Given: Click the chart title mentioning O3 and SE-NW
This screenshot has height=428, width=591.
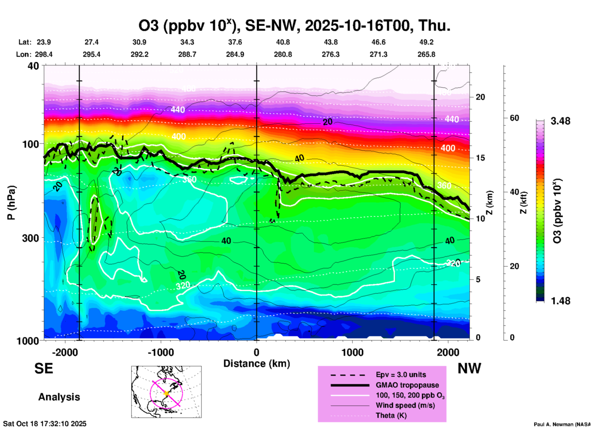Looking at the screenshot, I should (x=294, y=26).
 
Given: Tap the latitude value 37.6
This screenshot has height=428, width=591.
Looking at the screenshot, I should (x=235, y=42).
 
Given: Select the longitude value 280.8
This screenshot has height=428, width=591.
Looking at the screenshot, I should (x=283, y=54).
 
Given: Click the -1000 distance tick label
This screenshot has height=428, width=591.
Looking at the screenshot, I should (x=160, y=352).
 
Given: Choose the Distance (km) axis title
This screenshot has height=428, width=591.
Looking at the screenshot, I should (x=257, y=364).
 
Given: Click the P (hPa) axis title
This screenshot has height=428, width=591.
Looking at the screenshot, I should (x=11, y=203).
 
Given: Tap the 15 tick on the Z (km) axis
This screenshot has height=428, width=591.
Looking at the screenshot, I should (x=480, y=158).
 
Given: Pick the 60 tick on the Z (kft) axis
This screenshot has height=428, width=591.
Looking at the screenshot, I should (x=514, y=118).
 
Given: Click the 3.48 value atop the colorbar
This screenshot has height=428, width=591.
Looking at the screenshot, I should (x=560, y=121).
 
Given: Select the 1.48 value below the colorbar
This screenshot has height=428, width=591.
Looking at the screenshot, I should (x=560, y=301).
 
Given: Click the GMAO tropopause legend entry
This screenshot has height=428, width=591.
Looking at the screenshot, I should (x=407, y=385).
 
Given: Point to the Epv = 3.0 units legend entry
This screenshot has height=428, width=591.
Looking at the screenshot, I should (x=401, y=375).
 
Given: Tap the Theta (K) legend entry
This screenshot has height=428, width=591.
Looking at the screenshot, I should (x=391, y=415).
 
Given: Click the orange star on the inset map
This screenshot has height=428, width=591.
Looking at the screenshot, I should (x=166, y=393).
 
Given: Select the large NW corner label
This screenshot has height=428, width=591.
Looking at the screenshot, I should (x=469, y=368).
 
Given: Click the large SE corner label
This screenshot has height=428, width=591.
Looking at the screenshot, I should (x=44, y=368).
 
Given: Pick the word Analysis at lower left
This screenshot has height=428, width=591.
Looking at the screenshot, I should (x=59, y=397).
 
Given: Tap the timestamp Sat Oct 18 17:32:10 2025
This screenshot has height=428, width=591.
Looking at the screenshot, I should (x=45, y=424).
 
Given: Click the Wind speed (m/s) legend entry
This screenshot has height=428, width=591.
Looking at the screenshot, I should (x=405, y=405).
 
